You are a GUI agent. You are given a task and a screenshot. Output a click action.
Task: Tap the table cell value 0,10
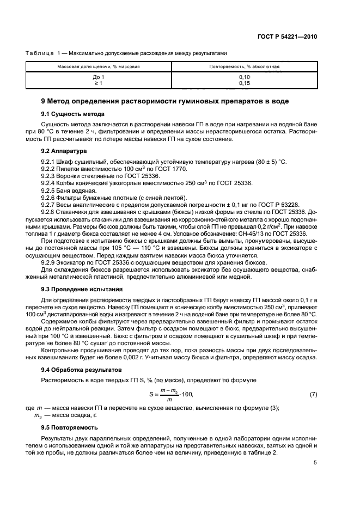coord(245,77)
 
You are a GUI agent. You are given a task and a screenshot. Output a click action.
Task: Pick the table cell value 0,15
coord(245,83)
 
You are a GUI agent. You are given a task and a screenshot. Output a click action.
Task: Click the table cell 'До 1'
coord(99,77)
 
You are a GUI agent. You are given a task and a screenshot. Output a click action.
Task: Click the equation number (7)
coord(313,394)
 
